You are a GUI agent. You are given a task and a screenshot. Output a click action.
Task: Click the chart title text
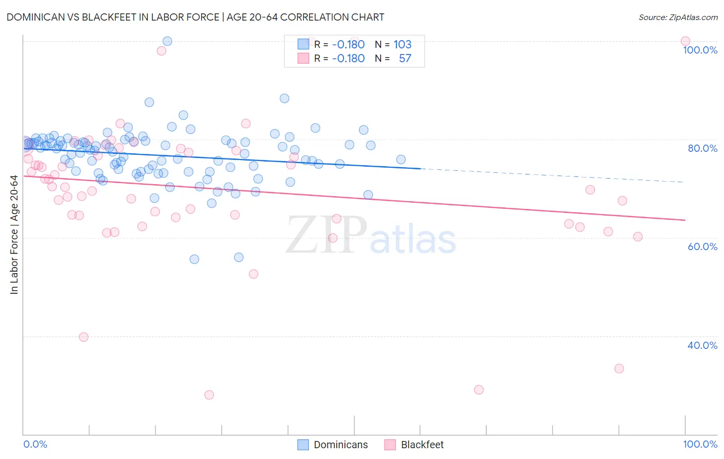195,17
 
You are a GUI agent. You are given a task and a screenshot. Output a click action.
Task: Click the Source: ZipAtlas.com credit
678,17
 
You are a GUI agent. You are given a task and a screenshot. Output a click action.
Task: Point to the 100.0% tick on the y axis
700,50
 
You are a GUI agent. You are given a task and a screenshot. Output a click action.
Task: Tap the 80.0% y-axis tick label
702,148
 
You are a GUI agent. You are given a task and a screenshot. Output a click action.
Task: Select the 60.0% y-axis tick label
702,246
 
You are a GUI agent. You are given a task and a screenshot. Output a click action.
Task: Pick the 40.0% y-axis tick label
702,345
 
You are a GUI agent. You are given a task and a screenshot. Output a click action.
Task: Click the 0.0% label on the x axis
35,444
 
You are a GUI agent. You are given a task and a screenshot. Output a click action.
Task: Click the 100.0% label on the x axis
700,444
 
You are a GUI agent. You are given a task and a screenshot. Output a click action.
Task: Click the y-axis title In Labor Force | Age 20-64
14,235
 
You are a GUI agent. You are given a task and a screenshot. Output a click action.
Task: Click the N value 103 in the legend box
402,44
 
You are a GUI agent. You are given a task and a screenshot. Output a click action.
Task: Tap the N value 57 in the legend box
405,59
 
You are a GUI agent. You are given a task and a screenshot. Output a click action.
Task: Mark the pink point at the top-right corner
685,41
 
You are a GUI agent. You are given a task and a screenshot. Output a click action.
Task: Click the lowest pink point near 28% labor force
209,395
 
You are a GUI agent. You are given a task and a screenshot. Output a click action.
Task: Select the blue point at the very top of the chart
167,41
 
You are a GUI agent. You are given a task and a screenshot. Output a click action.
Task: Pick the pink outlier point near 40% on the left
83,337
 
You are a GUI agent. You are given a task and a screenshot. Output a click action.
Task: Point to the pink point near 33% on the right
619,368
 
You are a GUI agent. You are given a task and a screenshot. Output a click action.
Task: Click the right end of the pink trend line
685,220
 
